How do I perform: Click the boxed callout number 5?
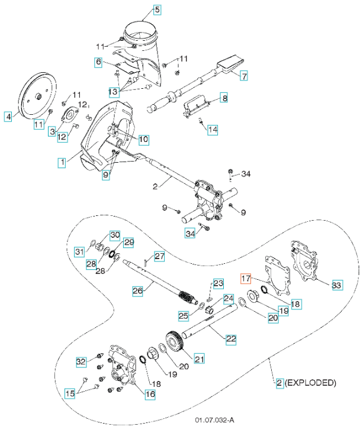(157, 9)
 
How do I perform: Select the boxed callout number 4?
(8, 117)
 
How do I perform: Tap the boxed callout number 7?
(243, 75)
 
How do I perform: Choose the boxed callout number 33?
(336, 286)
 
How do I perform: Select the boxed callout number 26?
(138, 291)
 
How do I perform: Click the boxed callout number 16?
(150, 394)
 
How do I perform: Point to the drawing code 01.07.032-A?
(214, 421)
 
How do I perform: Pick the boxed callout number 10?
(144, 140)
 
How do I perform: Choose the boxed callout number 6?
(98, 62)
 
